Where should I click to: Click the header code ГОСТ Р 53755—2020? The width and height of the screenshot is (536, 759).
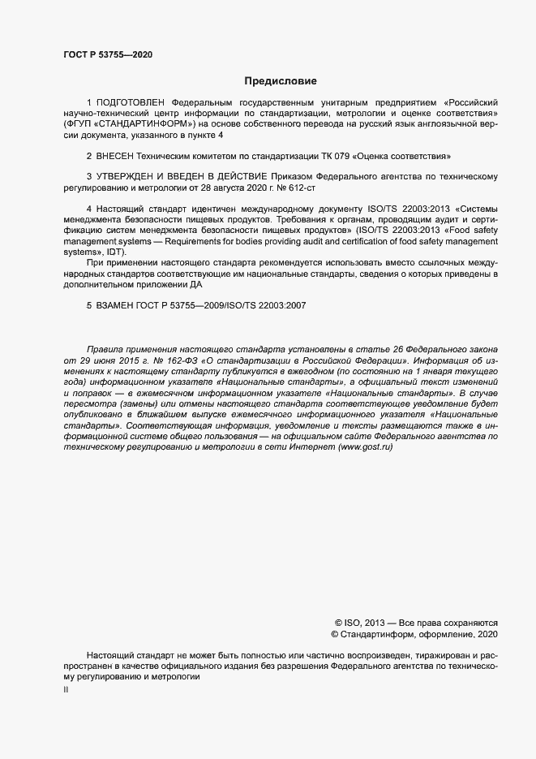coord(107,54)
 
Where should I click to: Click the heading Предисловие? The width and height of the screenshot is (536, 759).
coord(281,81)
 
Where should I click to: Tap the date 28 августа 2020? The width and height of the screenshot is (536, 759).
coord(217,187)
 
